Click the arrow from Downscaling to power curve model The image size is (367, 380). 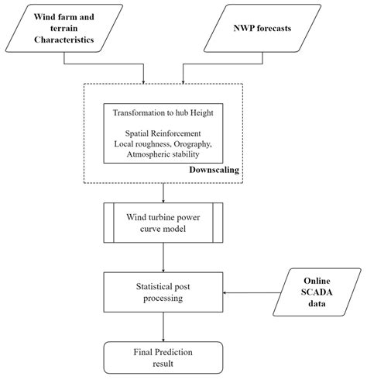pos(163,193)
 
